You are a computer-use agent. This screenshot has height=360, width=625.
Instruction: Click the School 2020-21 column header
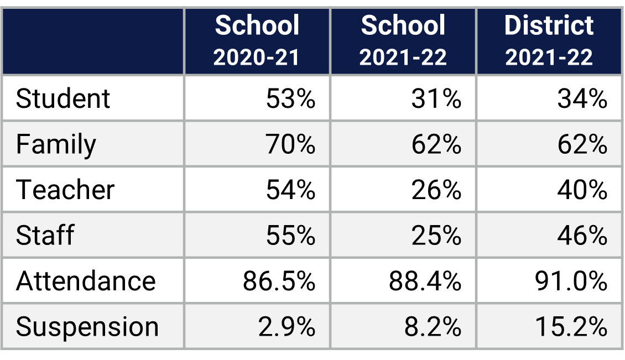[257, 41]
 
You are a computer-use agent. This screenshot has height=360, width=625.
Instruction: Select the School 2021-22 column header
[403, 41]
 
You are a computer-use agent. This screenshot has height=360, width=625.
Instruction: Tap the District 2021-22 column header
[549, 41]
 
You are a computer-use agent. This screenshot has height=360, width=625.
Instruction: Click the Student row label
[63, 99]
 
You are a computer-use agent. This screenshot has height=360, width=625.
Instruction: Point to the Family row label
[56, 144]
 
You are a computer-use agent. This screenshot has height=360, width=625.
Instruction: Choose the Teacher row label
[65, 190]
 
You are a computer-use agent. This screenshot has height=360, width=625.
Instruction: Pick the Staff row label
[45, 235]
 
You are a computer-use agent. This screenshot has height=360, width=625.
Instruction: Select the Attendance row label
[86, 281]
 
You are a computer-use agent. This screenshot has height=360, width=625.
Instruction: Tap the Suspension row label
[87, 326]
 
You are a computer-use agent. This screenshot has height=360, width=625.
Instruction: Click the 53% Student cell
[290, 99]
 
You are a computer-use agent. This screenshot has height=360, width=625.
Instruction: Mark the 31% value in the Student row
[436, 99]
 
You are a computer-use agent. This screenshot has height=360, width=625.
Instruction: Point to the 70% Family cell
[290, 144]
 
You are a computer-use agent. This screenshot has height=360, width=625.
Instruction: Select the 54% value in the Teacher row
[290, 190]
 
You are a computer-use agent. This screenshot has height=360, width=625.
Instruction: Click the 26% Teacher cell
[436, 190]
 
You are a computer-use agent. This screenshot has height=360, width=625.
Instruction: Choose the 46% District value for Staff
[582, 235]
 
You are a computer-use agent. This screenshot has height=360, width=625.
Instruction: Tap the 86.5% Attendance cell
[279, 281]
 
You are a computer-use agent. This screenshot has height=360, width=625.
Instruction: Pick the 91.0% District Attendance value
[571, 281]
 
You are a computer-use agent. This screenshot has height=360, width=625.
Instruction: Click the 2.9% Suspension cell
[287, 326]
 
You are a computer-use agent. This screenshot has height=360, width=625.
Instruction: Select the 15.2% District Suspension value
[571, 326]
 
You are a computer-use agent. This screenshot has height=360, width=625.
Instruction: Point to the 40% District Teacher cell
[582, 190]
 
